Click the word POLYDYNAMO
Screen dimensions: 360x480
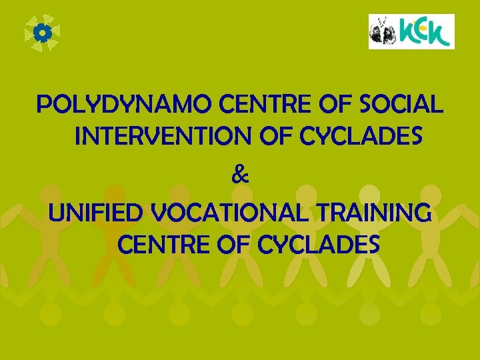pyautogui.click(x=125, y=105)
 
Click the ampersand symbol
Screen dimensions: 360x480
pyautogui.click(x=240, y=176)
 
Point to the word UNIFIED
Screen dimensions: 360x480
pyautogui.click(x=97, y=213)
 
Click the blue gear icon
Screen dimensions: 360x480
pyautogui.click(x=42, y=33)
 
